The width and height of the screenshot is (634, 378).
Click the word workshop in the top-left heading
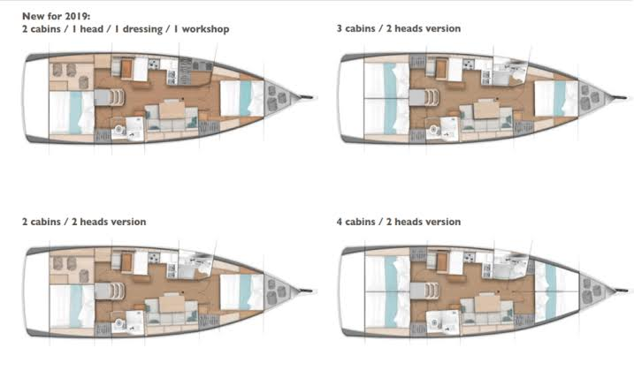coord(205,29)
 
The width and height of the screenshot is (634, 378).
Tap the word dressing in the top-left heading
coord(142,29)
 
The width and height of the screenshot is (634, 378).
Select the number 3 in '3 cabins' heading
coord(339,28)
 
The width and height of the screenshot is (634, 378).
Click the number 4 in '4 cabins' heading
coord(340,222)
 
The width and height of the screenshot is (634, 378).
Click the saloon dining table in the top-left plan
coord(172,110)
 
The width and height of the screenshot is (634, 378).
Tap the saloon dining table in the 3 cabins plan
coord(486,110)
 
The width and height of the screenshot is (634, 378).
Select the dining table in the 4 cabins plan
coord(487,303)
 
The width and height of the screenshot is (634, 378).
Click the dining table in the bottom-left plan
coord(172,303)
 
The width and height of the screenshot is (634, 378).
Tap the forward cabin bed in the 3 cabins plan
coord(556,98)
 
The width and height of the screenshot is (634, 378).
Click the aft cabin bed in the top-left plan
coord(72,113)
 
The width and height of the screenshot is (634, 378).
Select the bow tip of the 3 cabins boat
coord(626,97)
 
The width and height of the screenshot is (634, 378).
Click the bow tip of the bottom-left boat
coord(312,291)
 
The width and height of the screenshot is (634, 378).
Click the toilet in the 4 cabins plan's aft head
coord(434,323)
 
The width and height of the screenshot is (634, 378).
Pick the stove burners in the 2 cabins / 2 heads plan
coord(154,258)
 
